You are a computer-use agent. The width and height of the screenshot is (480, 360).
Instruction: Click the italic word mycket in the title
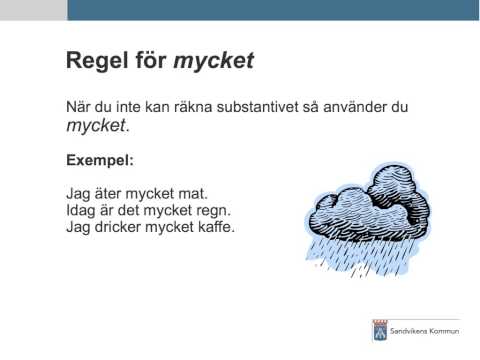(214, 61)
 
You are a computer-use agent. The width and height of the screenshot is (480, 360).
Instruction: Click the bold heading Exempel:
(99, 158)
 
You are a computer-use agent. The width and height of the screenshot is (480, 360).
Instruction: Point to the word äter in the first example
(108, 193)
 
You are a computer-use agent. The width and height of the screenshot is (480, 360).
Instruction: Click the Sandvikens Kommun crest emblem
(379, 329)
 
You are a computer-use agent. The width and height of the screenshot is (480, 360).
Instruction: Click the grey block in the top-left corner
(33, 10)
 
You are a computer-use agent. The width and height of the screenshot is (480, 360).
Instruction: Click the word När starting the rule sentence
(79, 106)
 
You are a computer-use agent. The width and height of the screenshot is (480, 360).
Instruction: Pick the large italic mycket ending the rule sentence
(96, 127)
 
